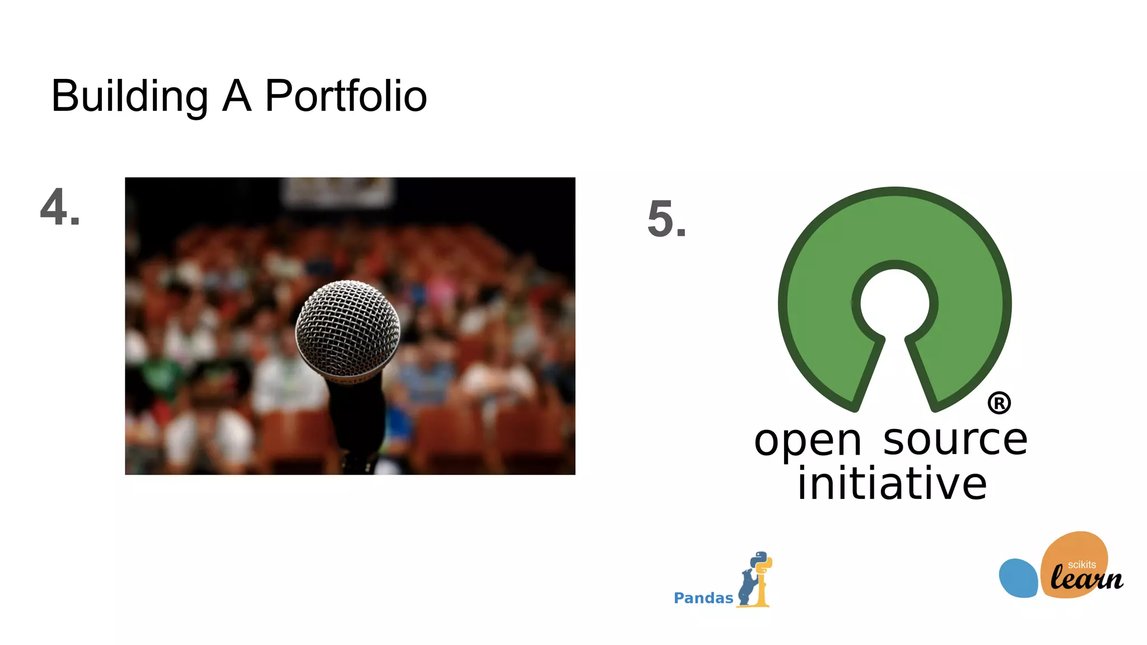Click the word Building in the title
coord(129,96)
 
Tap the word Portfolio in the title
coord(346,96)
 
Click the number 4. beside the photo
coord(60,208)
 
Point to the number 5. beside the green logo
coord(666,219)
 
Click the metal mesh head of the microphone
coord(348,328)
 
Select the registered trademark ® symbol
coord(999,403)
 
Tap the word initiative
coord(892,484)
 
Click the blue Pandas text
coord(703,598)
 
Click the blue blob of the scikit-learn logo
coord(1018,578)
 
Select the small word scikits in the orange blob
coord(1081,565)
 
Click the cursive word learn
coord(1087,579)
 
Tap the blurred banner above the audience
coord(338,192)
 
